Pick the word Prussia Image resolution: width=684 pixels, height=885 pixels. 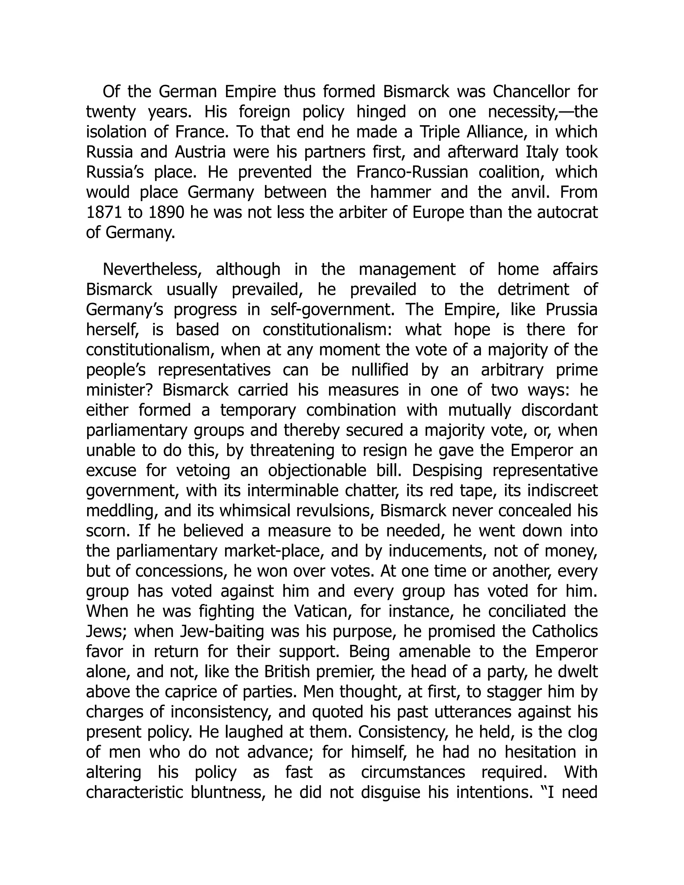point(571,310)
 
